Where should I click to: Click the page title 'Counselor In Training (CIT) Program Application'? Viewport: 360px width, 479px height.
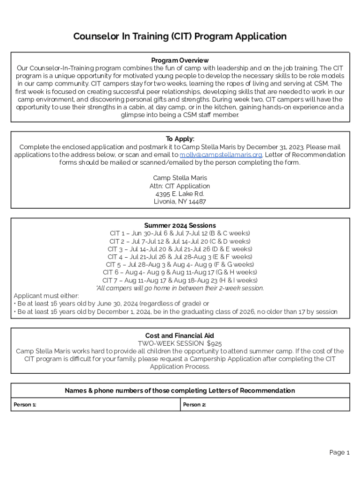pos(180,36)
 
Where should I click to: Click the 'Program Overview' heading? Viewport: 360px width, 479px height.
pos(180,60)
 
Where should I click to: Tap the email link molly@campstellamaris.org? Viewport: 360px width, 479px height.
pos(221,155)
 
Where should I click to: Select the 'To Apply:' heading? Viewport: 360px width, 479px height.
pos(180,139)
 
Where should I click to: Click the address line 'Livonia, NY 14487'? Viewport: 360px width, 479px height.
pos(180,202)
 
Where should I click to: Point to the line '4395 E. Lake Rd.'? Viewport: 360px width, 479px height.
pos(180,194)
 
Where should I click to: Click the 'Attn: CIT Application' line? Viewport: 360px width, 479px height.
pos(180,186)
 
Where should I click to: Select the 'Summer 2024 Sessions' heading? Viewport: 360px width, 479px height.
pos(180,225)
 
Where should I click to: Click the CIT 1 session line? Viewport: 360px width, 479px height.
pos(180,233)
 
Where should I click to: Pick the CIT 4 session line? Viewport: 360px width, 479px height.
pos(180,257)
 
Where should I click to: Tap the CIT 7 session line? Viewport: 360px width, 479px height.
pos(180,280)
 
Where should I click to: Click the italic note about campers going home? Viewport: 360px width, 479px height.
pos(180,288)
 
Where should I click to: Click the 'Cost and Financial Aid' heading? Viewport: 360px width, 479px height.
pos(180,335)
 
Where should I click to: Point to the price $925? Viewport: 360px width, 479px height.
pos(214,343)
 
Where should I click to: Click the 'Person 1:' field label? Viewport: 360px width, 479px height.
pos(25,405)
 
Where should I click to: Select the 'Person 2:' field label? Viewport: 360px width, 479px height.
pos(194,405)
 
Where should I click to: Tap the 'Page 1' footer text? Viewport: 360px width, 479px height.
pos(339,452)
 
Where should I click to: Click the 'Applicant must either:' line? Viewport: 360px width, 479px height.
pos(46,296)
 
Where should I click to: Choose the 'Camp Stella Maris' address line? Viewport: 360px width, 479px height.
pos(180,178)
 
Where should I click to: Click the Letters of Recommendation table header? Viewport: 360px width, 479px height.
pos(180,391)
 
